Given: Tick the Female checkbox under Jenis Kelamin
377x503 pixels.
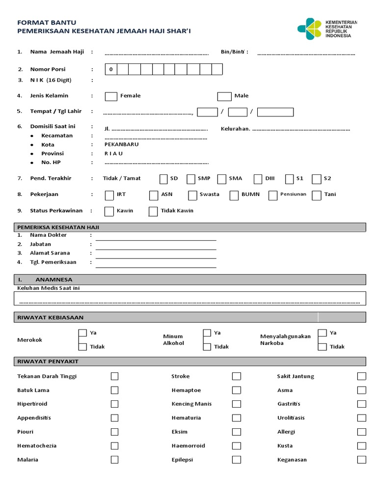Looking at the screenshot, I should click(x=111, y=96).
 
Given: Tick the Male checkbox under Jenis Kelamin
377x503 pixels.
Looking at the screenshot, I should click(x=224, y=96).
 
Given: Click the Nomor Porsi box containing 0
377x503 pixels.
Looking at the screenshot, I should click(x=111, y=69).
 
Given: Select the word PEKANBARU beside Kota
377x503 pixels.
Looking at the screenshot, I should click(x=121, y=145).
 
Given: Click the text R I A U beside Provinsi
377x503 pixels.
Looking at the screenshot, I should click(x=113, y=154).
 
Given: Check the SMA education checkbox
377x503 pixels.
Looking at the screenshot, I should click(x=221, y=179).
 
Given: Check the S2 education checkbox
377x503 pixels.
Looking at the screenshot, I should click(x=317, y=179).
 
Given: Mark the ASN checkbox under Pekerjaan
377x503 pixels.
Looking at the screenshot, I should click(x=154, y=195).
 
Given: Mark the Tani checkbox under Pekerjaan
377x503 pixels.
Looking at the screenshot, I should click(x=317, y=195).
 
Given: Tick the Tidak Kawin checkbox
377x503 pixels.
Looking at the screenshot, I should click(x=153, y=211).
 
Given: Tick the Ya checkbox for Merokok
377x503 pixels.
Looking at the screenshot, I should click(x=83, y=334).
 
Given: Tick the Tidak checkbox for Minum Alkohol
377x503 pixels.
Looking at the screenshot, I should click(x=207, y=347).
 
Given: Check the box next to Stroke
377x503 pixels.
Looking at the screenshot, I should click(x=237, y=377).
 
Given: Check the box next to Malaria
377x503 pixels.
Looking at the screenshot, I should click(x=114, y=460).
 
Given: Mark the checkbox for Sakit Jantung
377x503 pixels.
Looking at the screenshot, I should click(x=361, y=377).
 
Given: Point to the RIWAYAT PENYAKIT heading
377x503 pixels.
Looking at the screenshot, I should click(x=48, y=362).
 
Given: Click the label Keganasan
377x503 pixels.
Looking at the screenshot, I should click(x=292, y=460).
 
